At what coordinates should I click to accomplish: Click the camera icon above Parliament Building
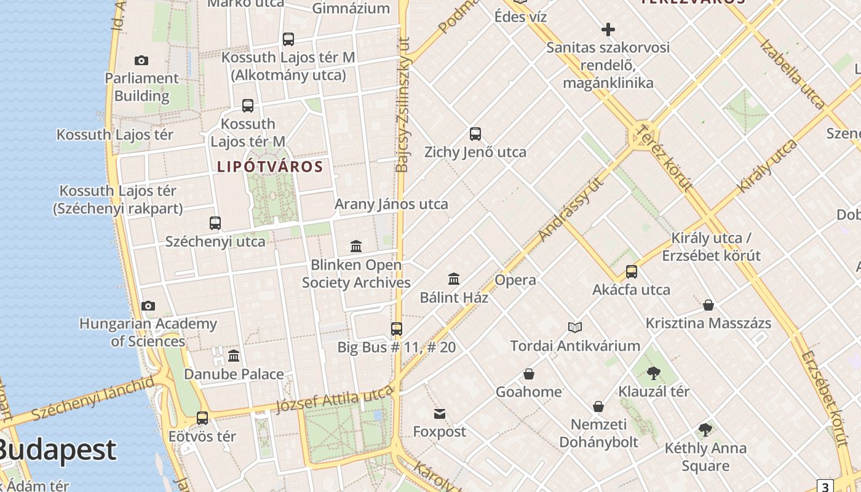coord(141,60)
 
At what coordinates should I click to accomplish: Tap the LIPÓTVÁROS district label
coord(270,167)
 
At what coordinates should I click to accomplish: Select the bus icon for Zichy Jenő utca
coord(475,134)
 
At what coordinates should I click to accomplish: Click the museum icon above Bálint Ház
coord(454,279)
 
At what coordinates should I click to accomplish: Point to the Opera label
coord(515,280)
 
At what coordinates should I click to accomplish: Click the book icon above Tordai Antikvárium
coord(575,327)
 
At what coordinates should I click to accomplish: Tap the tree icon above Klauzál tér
coord(653,373)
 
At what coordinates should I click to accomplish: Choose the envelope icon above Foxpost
coord(440,413)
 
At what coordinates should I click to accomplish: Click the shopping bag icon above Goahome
coord(528,374)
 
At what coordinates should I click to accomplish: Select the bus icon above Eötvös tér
coord(202,418)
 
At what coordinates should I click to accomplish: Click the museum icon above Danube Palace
coord(234,355)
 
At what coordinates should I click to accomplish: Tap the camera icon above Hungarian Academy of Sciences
coord(148,306)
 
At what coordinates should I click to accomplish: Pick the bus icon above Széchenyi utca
coord(215,223)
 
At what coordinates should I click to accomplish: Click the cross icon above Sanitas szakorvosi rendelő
coord(608,30)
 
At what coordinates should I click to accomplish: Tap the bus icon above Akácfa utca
coord(631,272)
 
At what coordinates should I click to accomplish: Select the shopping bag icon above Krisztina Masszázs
coord(708,305)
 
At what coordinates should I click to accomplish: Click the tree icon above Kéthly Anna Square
coord(705,430)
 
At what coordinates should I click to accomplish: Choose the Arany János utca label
coord(391,204)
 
